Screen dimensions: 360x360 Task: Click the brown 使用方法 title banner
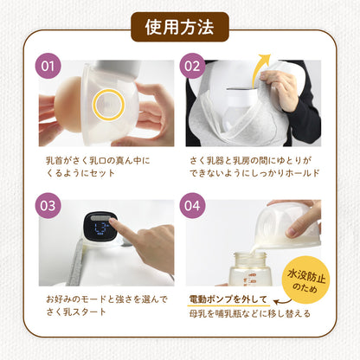click(x=180, y=29)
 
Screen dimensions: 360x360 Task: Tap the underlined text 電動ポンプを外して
click(x=226, y=299)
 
